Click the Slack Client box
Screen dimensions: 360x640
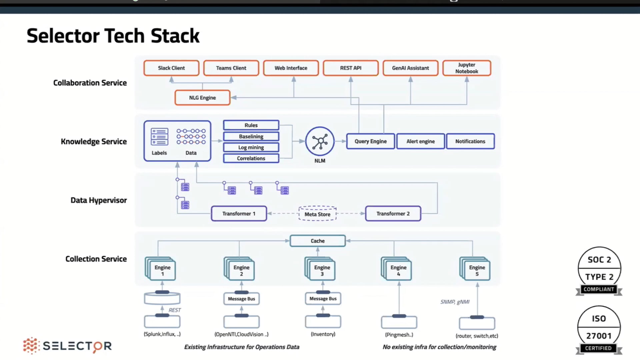[x=171, y=68]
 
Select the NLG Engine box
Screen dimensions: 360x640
[x=202, y=98]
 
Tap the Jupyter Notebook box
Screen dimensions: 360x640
[x=467, y=68]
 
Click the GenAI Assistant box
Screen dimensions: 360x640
[x=410, y=68]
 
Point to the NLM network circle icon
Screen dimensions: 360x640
[x=320, y=141]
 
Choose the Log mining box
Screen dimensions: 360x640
[x=251, y=147]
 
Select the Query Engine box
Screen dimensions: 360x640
[x=370, y=141]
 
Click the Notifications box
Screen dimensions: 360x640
[x=470, y=141]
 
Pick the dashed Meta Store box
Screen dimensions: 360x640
[x=317, y=214]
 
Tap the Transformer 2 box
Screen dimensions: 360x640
[x=393, y=214]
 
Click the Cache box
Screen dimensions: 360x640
[x=317, y=241]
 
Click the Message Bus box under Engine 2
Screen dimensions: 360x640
[x=241, y=299]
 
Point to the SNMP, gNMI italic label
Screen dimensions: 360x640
[x=455, y=302]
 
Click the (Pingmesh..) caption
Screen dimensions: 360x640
[x=399, y=335]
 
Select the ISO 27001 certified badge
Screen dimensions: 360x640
[x=599, y=329]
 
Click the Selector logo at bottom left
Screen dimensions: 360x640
[x=67, y=346]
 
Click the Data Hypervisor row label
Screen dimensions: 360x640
[x=99, y=200]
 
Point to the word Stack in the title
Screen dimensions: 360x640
[x=175, y=36]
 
